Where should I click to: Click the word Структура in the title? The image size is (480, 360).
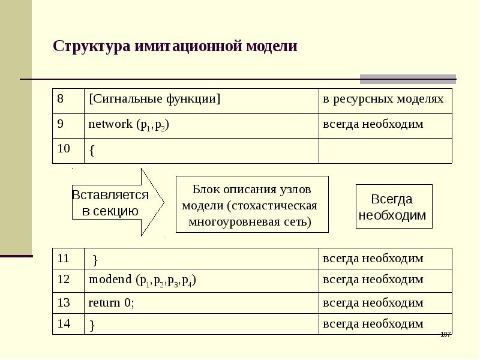click(x=92, y=47)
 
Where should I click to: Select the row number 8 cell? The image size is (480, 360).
click(x=68, y=101)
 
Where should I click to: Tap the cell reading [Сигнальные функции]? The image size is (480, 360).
click(x=202, y=101)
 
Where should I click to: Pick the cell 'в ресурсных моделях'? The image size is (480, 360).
click(x=385, y=101)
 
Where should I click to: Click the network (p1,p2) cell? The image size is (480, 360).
click(x=202, y=126)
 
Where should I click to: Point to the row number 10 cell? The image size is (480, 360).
click(x=68, y=151)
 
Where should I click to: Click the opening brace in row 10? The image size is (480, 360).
click(x=92, y=151)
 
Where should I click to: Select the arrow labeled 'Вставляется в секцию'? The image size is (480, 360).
click(x=118, y=202)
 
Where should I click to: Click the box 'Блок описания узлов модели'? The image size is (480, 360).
click(x=252, y=204)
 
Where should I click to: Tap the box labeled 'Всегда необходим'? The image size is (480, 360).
click(x=394, y=206)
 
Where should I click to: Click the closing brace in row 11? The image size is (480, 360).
click(x=95, y=260)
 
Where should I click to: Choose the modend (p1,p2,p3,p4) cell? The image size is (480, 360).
click(x=202, y=281)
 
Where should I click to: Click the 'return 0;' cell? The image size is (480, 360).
click(x=202, y=303)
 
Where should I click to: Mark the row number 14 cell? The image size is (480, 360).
click(x=68, y=324)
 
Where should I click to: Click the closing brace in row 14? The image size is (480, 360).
click(x=92, y=325)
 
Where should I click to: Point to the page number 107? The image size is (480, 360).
click(x=445, y=334)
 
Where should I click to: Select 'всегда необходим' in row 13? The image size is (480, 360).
click(x=373, y=303)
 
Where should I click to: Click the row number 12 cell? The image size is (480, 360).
click(x=68, y=281)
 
